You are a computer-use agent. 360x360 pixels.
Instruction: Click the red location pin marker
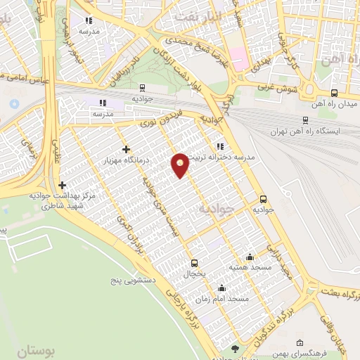(181, 165)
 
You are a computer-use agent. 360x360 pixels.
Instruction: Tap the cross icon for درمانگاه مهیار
(126, 149)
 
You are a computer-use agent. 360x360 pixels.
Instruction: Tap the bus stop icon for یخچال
(195, 264)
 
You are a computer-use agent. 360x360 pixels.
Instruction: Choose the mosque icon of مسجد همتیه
(250, 257)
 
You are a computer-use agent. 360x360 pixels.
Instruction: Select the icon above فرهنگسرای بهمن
(300, 343)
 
